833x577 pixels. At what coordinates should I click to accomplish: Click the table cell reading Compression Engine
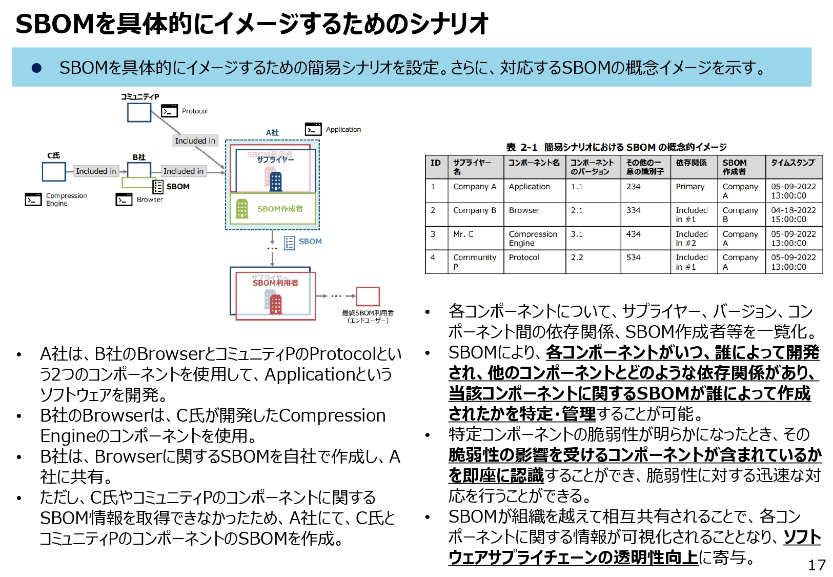533,238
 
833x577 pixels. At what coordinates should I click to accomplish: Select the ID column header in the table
435,163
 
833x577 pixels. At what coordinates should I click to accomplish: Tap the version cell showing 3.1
577,234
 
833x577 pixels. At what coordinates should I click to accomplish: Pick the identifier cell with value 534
634,257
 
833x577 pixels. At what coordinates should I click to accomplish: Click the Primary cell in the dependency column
690,187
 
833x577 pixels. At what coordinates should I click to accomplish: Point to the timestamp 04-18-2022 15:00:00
793,214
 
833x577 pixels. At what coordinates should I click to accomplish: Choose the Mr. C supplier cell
463,234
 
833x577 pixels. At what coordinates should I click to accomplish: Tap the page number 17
817,565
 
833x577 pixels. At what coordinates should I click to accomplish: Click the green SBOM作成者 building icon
242,209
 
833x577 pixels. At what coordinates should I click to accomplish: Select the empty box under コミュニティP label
139,112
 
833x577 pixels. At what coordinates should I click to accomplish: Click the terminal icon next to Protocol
169,111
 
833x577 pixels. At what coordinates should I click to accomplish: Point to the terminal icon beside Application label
313,129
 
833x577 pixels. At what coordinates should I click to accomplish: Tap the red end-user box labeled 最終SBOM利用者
368,296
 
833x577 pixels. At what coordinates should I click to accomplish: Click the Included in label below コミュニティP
195,141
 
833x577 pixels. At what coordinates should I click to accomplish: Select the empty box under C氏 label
54,172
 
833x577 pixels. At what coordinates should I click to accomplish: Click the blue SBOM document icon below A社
290,243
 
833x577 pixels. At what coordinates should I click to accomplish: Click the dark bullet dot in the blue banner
36,68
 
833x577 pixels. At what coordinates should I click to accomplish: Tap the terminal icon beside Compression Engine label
33,199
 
